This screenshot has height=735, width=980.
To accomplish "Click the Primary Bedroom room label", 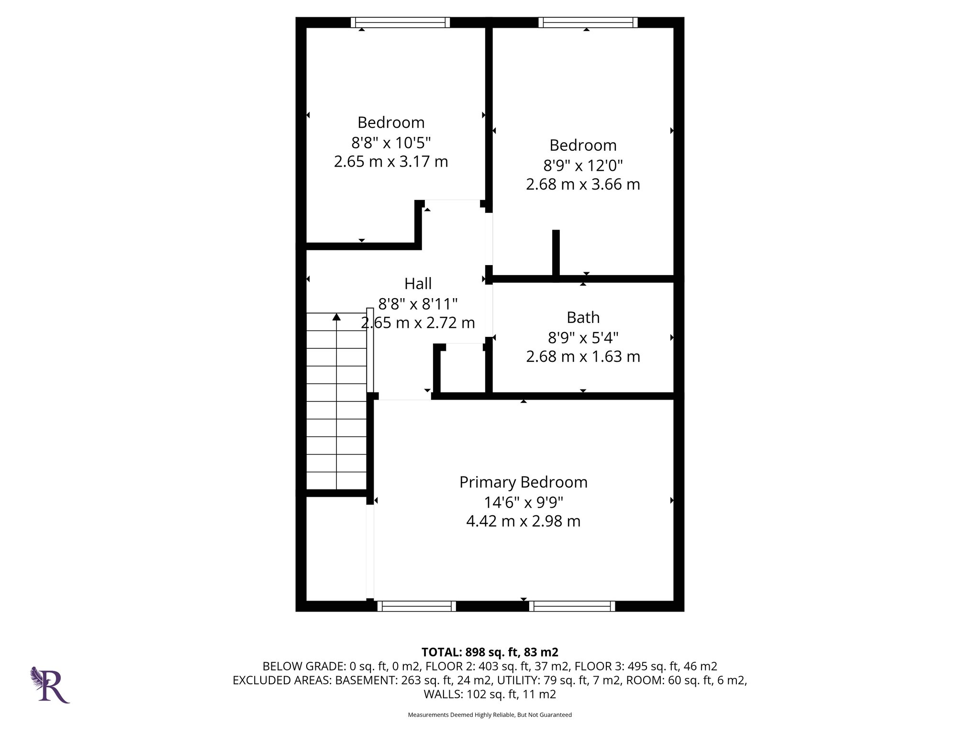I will pyautogui.click(x=523, y=482).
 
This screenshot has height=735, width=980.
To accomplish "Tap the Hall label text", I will pyautogui.click(x=418, y=284).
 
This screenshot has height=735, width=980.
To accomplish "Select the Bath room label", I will pyautogui.click(x=583, y=318).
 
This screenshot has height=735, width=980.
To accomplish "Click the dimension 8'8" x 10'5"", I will pyautogui.click(x=391, y=143).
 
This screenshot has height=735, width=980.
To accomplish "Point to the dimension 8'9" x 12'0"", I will pyautogui.click(x=583, y=166).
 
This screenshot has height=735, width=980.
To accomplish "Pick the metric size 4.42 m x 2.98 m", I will pyautogui.click(x=523, y=521).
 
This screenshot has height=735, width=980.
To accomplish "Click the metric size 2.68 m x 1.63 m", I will pyautogui.click(x=583, y=357).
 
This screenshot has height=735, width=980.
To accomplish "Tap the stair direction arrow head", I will pyautogui.click(x=336, y=317).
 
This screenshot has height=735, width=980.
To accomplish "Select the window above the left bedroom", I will pyautogui.click(x=400, y=22).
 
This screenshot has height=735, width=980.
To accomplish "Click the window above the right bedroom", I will pyautogui.click(x=588, y=22).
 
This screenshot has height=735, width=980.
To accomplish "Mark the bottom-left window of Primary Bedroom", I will pyautogui.click(x=416, y=606).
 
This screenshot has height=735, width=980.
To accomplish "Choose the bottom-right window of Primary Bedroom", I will pyautogui.click(x=572, y=606).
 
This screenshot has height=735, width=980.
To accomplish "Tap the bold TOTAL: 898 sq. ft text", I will pyautogui.click(x=490, y=652).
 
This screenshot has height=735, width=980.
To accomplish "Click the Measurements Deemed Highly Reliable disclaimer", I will pyautogui.click(x=490, y=715).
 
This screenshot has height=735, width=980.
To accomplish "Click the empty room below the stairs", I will pyautogui.click(x=336, y=548).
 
